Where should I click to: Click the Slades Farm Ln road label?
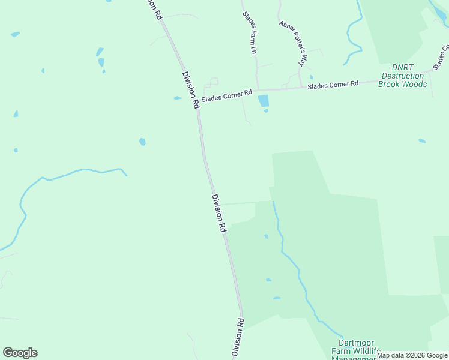(250, 35)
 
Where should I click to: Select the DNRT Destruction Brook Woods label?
(403, 76)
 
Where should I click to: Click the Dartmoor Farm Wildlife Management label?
(357, 351)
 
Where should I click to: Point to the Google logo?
(20, 353)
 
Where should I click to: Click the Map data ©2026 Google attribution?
(412, 356)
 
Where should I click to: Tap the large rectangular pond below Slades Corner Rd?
(263, 101)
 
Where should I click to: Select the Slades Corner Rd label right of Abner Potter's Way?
(333, 85)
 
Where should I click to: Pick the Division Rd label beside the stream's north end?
(218, 213)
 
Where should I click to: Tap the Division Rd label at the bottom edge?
(238, 339)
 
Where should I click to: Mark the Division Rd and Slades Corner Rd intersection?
(197, 103)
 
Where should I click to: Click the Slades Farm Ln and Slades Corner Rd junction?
(258, 90)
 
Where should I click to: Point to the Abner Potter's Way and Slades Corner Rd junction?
(300, 88)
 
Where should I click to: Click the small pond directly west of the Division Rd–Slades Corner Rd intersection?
(178, 98)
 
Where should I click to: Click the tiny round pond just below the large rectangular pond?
(266, 110)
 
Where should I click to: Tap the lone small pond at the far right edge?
(422, 141)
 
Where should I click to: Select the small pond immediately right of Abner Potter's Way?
(311, 77)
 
